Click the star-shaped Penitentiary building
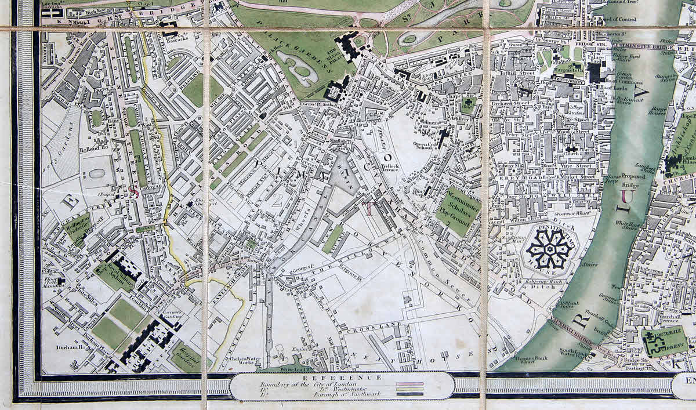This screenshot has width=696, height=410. (x=550, y=249)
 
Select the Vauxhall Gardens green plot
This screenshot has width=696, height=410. (x=665, y=342)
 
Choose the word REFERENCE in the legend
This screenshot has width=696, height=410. (x=342, y=378)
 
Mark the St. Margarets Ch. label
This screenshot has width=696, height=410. (x=571, y=69)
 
